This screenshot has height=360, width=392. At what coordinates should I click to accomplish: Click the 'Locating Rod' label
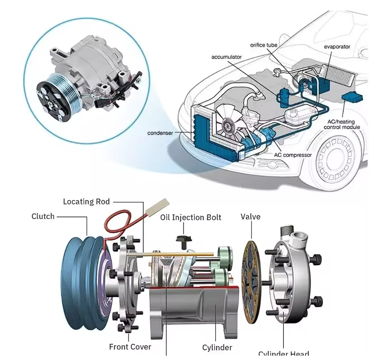tap(86, 202)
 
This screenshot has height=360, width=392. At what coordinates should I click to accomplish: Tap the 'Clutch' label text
tap(43, 216)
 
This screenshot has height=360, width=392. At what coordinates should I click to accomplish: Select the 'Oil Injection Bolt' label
tap(191, 218)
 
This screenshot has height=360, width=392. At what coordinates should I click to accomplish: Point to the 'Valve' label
tap(250, 217)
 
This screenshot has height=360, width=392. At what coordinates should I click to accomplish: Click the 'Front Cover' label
tap(130, 347)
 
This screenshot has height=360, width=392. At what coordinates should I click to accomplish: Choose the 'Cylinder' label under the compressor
tap(217, 348)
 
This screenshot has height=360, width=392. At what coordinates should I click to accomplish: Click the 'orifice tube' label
tap(264, 45)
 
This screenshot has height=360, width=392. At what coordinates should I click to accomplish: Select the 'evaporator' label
tap(337, 46)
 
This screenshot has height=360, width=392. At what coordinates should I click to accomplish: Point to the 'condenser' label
tap(161, 133)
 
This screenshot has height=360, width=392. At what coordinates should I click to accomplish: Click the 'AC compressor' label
tap(293, 155)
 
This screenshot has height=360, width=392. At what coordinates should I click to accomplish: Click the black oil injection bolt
tap(182, 238)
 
